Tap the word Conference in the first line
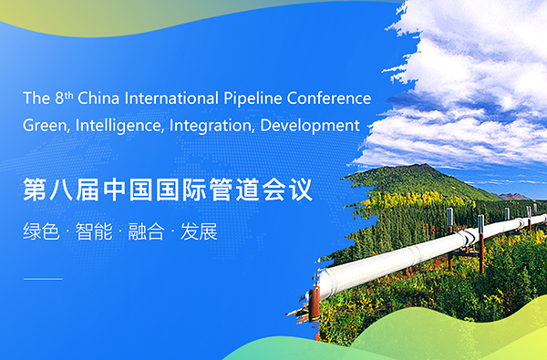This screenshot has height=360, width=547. coord(331,98)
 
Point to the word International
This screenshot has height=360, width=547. coord(175,98)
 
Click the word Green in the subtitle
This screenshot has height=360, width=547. coord(44,125)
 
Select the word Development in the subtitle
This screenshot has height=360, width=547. coord(310,125)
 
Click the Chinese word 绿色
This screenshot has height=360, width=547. coord(41,231)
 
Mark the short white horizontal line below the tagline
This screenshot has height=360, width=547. coord(42,277)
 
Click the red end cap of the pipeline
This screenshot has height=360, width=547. coord(314,300)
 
